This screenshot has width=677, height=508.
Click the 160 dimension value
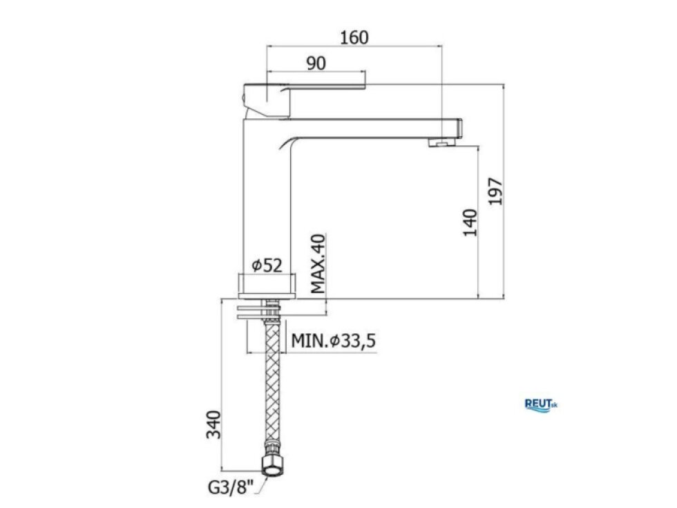(354, 37)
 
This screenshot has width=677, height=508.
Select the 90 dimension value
(316, 64)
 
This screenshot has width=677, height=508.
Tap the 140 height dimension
(470, 223)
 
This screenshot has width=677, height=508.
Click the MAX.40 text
(318, 264)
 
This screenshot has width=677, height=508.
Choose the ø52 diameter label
(267, 265)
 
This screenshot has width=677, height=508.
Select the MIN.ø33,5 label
(333, 341)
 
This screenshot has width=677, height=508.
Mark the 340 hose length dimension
(213, 424)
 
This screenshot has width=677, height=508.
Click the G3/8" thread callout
(231, 488)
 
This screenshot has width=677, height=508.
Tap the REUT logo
(540, 405)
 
